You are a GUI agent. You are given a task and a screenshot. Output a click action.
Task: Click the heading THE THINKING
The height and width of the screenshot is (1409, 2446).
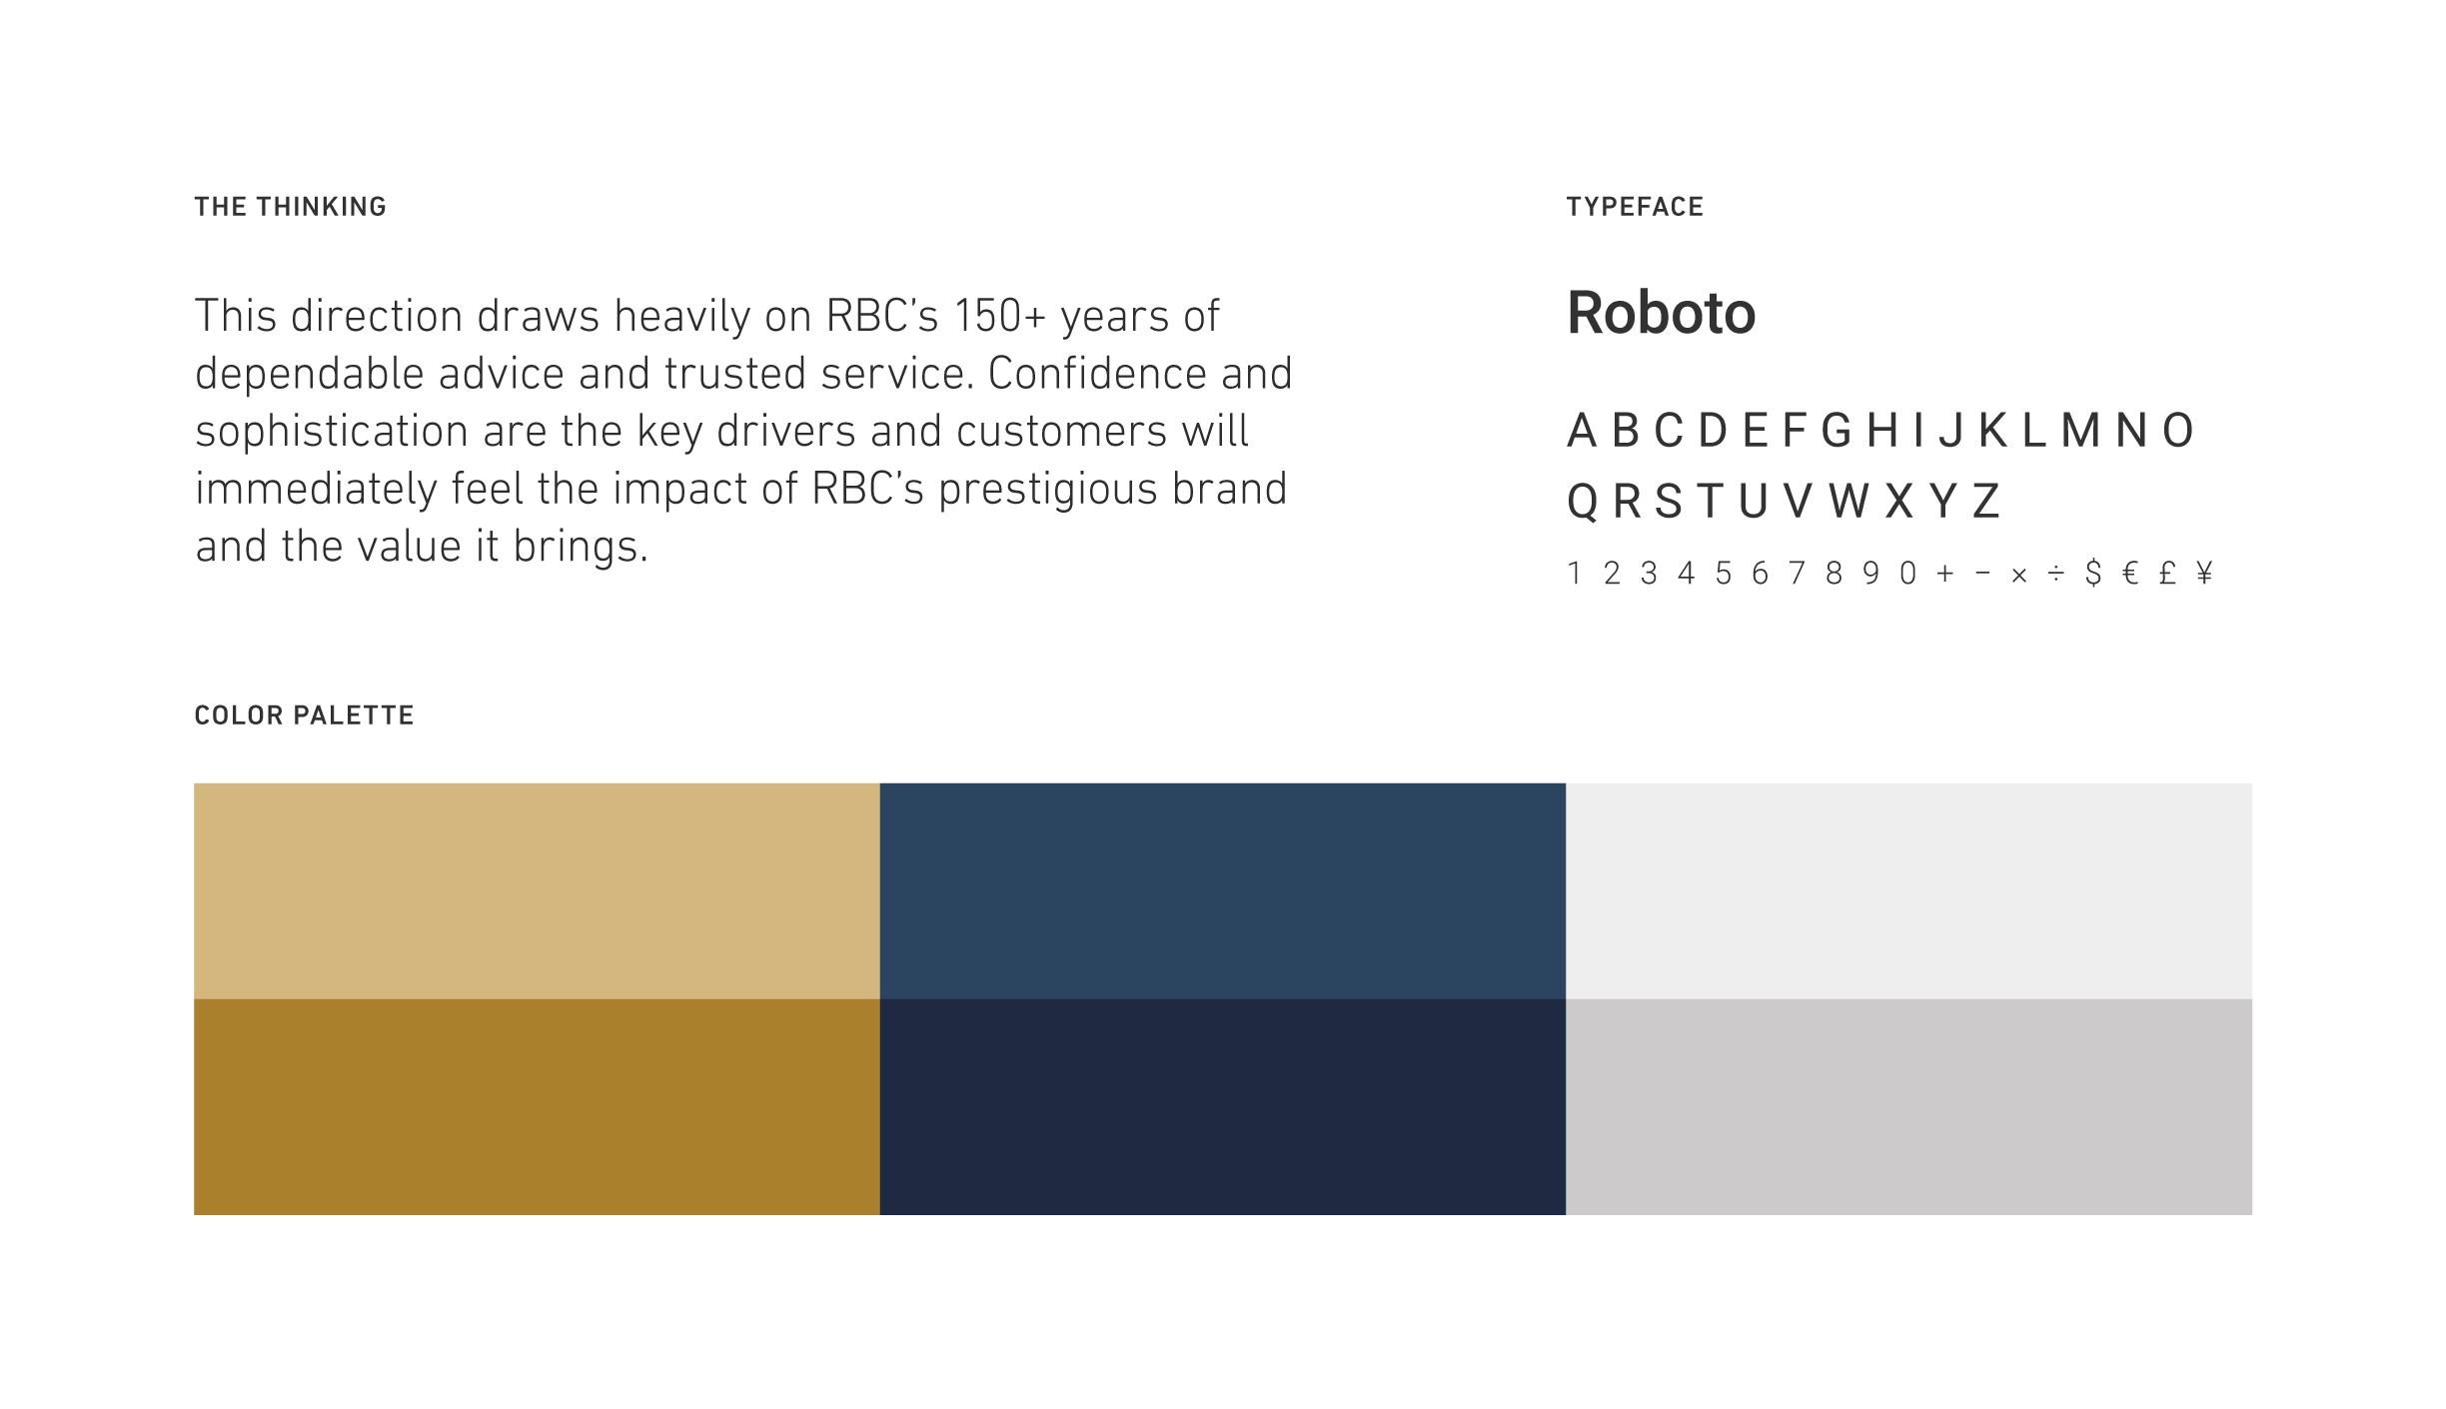coord(290,207)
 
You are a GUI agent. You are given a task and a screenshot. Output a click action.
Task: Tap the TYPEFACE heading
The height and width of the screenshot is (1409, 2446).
coord(1635,207)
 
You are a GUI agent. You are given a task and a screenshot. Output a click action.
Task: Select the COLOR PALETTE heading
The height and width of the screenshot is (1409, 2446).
coord(304,715)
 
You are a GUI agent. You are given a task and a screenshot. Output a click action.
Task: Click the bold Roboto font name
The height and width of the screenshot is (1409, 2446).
coord(1661,313)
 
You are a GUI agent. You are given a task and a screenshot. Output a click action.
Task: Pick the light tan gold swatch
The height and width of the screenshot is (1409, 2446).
coord(537,890)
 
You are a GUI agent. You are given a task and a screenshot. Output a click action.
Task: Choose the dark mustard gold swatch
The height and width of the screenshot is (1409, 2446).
coord(537,1106)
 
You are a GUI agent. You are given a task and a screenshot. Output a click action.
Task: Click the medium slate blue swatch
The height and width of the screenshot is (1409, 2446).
coord(1223,890)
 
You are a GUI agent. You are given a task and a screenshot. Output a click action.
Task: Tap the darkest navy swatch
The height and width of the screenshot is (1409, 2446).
coord(1223,1106)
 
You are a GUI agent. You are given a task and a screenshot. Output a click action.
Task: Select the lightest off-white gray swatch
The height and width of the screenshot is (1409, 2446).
coord(1908,890)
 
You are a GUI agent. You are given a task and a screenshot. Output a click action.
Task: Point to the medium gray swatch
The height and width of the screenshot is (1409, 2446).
coord(1908,1106)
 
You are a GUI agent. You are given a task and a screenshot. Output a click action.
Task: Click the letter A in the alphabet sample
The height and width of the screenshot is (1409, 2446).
coord(1582,431)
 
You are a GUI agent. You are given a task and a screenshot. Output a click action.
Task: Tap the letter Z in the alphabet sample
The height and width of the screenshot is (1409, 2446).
coord(1986,501)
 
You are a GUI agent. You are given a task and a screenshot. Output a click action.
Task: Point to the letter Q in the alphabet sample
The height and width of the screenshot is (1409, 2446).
coord(1583,502)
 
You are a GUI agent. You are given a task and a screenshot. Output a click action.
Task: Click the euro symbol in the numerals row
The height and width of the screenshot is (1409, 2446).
coord(2130,573)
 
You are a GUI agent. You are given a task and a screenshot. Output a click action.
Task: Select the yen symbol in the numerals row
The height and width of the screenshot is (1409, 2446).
coord(2204,573)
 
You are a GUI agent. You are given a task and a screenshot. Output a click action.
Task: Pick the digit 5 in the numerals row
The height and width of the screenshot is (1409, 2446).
coord(1723,573)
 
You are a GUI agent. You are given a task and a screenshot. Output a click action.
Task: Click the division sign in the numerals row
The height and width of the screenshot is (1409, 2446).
coord(2056,573)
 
